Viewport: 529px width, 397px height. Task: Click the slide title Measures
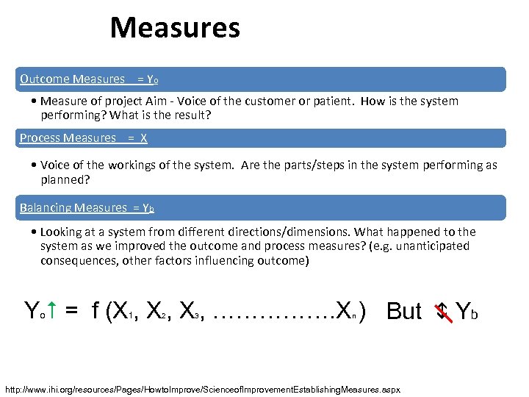(x=175, y=29)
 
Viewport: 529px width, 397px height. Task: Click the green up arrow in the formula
(x=53, y=310)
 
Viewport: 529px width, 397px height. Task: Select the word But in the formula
(x=403, y=311)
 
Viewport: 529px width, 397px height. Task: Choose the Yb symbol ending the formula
(x=468, y=311)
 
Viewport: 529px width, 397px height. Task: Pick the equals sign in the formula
(x=71, y=311)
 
